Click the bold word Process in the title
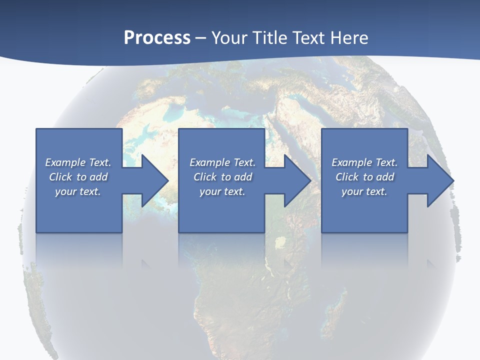(157, 38)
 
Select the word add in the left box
(99, 177)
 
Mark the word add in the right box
(385, 177)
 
